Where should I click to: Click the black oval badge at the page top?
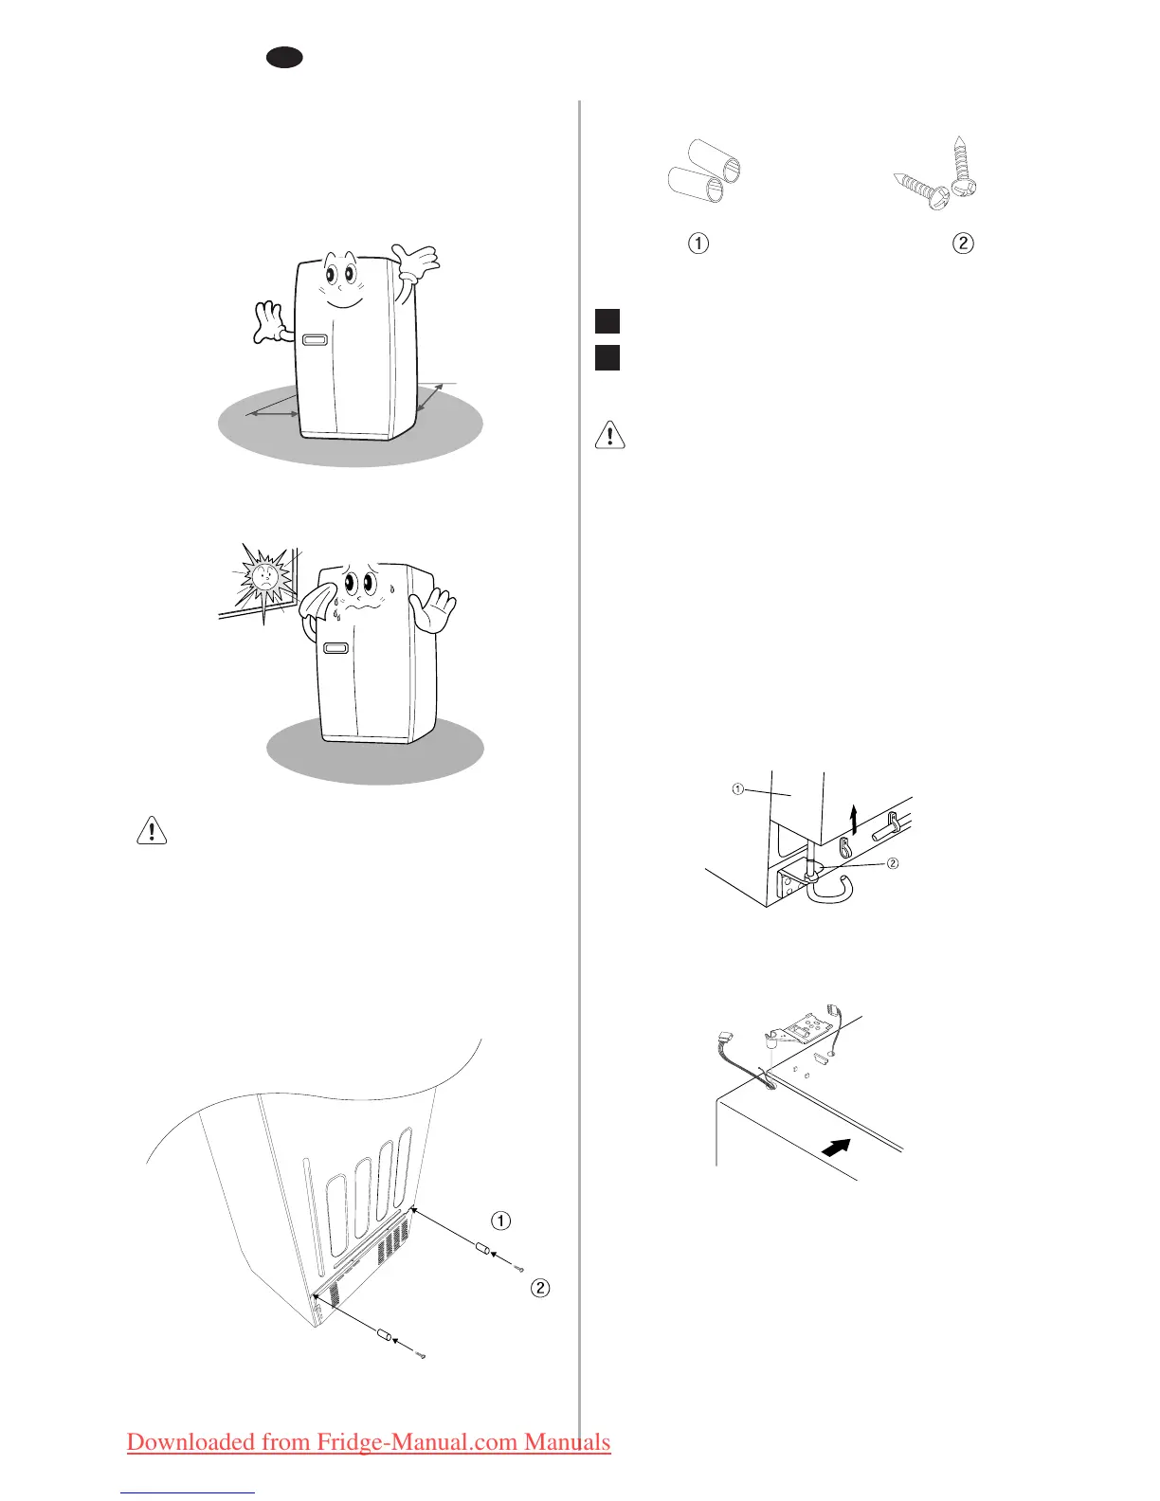(283, 58)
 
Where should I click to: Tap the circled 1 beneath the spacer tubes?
(698, 244)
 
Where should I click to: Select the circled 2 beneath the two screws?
(962, 244)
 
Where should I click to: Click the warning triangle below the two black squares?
(609, 435)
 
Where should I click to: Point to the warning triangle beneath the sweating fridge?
(152, 830)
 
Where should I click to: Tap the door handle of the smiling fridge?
(315, 339)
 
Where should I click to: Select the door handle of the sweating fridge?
(335, 649)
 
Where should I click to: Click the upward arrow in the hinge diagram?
(854, 817)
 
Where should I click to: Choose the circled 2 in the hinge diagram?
(892, 863)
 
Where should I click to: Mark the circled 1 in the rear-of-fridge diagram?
(500, 1221)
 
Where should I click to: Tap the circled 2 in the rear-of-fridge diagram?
(540, 1288)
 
